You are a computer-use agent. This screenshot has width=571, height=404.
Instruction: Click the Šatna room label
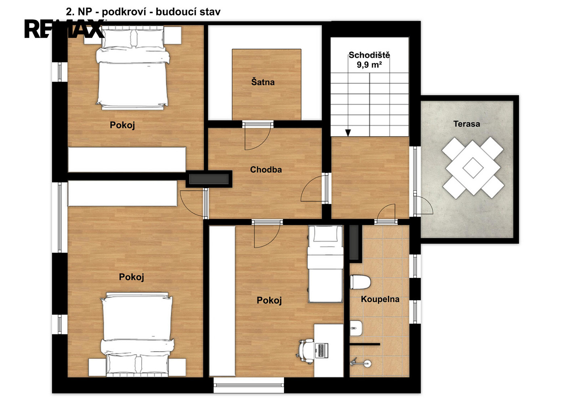pos(263,82)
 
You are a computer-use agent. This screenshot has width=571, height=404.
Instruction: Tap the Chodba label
pos(266,170)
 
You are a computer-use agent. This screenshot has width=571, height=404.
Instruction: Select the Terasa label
pos(466,124)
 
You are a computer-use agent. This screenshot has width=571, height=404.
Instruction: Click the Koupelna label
pos(380,299)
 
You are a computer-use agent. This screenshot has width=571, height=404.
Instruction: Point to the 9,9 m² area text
pos(369,65)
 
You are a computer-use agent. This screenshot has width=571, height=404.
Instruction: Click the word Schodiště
pos(369,55)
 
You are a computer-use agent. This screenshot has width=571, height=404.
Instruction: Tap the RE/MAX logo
pos(64,29)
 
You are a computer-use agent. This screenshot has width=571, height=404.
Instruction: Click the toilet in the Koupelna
pos(360,282)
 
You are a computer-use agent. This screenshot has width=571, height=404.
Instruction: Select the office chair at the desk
pos(305,351)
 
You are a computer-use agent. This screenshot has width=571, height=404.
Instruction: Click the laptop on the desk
pos(322,350)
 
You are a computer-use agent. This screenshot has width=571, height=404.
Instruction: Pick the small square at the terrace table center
pos(473,168)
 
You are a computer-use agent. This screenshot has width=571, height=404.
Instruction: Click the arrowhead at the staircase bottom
pos(348,133)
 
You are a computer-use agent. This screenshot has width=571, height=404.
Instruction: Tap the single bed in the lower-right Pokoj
pos(325,264)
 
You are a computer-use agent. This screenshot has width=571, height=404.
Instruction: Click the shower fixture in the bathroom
pos(360,363)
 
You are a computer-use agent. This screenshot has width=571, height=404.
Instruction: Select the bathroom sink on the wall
pos(356,328)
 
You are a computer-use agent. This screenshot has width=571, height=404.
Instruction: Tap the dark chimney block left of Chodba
pos(209,179)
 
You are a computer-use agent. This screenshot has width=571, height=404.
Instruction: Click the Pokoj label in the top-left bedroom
pos(122,125)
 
